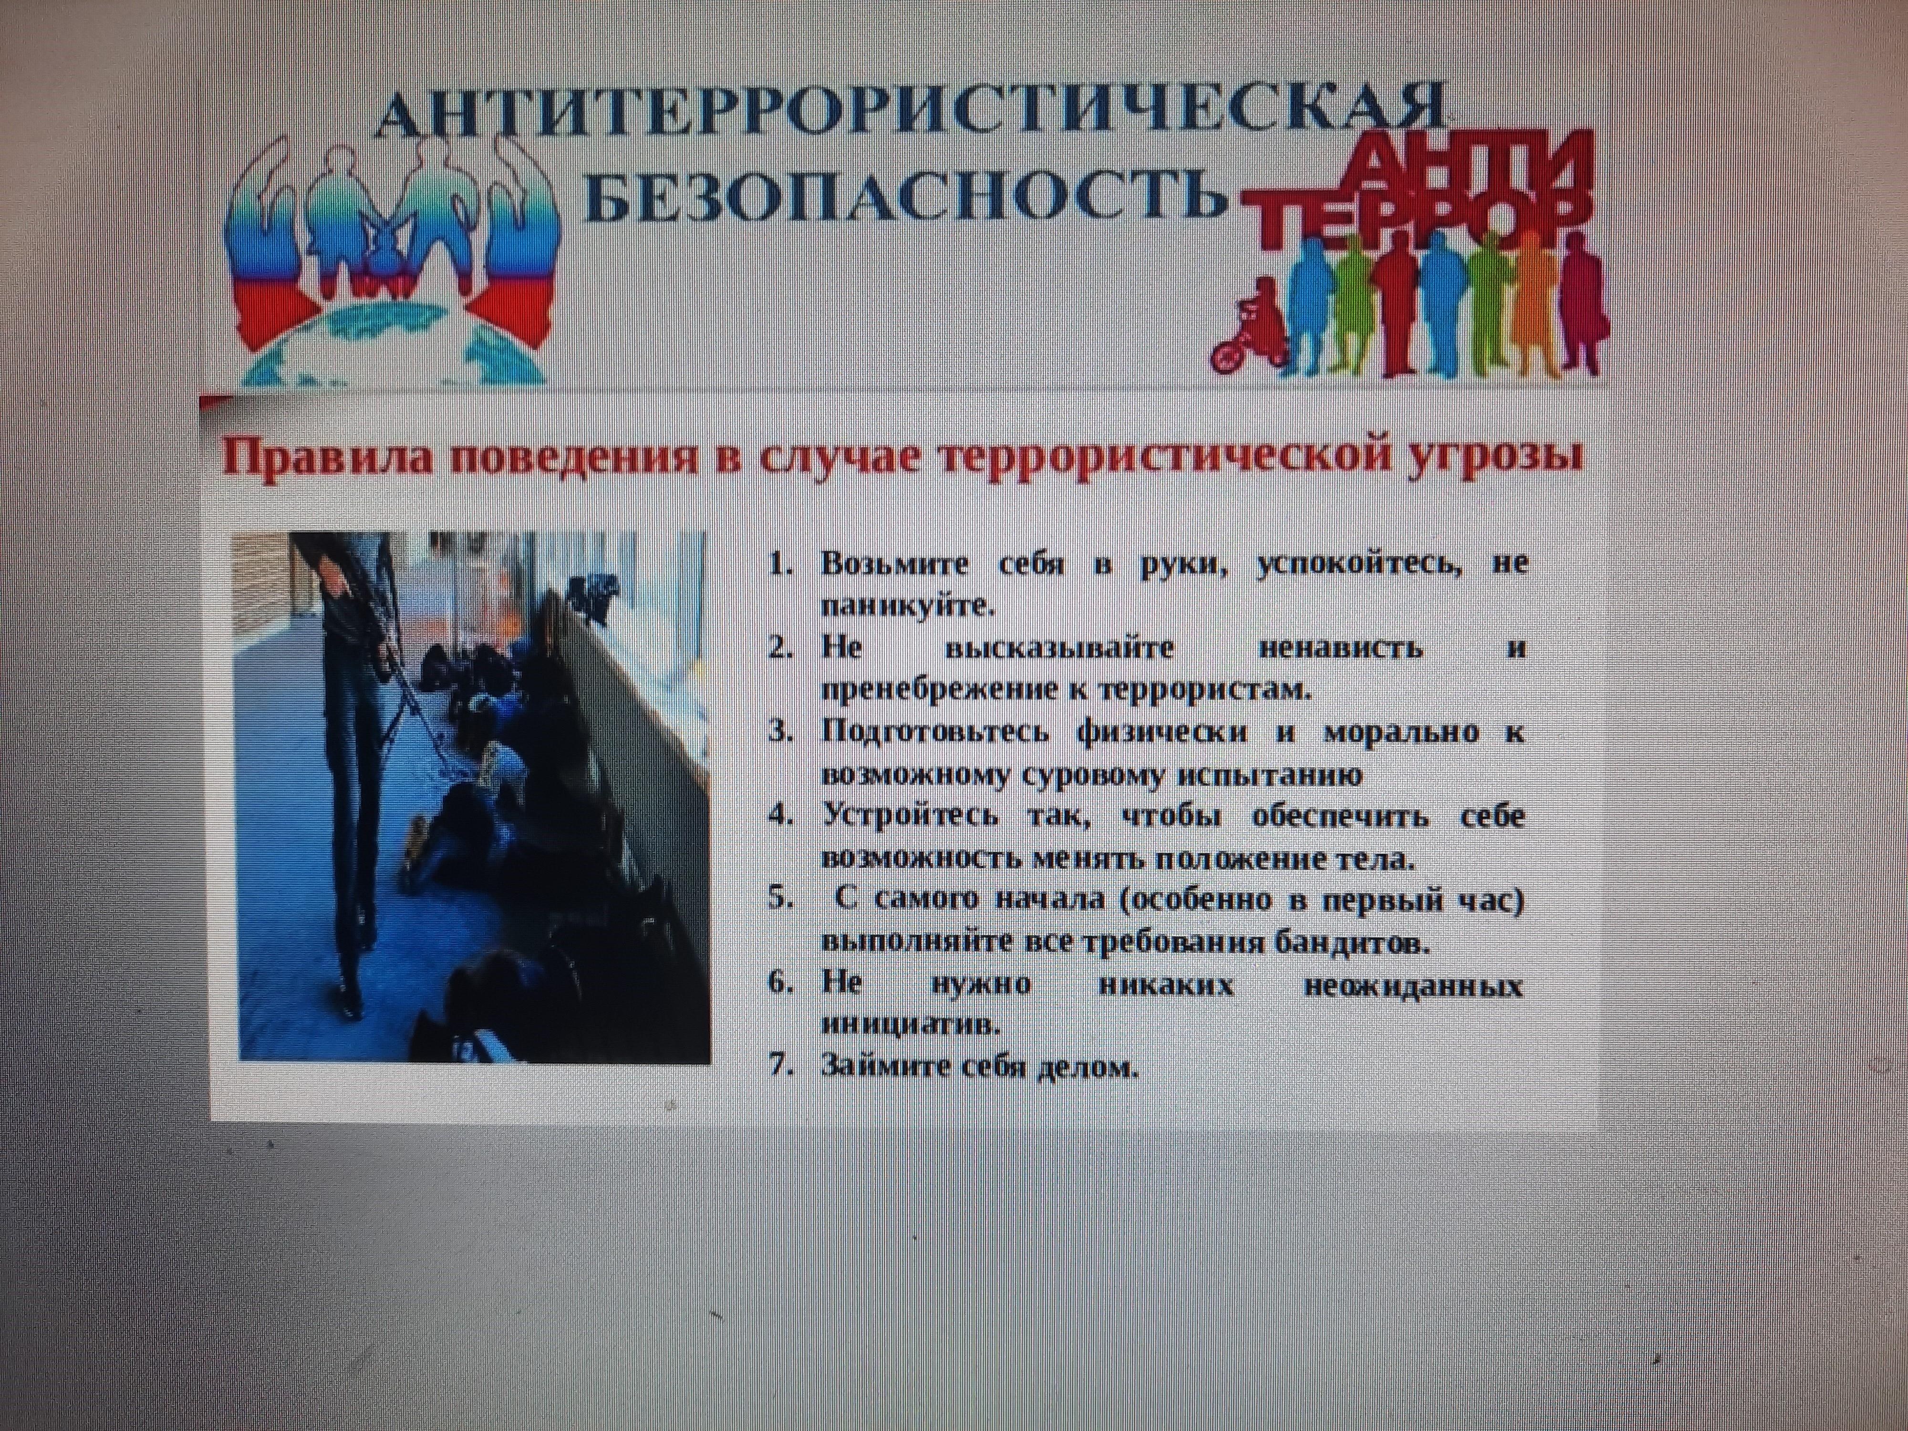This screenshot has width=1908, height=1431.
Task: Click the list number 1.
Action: pyautogui.click(x=781, y=565)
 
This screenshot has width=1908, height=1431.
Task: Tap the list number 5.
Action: pyautogui.click(x=781, y=898)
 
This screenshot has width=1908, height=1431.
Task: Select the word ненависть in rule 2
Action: pyautogui.click(x=1340, y=648)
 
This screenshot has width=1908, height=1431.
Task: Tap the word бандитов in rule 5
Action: pyautogui.click(x=1351, y=942)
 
